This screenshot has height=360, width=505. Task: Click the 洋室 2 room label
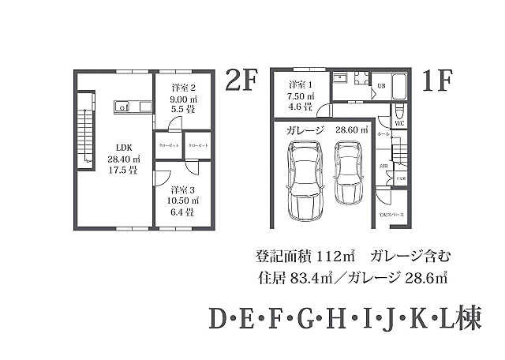(184, 88)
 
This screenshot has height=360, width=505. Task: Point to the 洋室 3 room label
(184, 190)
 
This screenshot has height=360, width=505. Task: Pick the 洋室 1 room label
(301, 85)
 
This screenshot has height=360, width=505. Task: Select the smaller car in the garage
(348, 171)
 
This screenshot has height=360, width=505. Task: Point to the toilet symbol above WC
(399, 111)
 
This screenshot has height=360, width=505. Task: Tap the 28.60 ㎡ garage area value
(352, 130)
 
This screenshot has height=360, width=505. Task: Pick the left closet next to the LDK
(167, 147)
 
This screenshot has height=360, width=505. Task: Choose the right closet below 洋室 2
(197, 147)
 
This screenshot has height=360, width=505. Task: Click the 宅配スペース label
(391, 214)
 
